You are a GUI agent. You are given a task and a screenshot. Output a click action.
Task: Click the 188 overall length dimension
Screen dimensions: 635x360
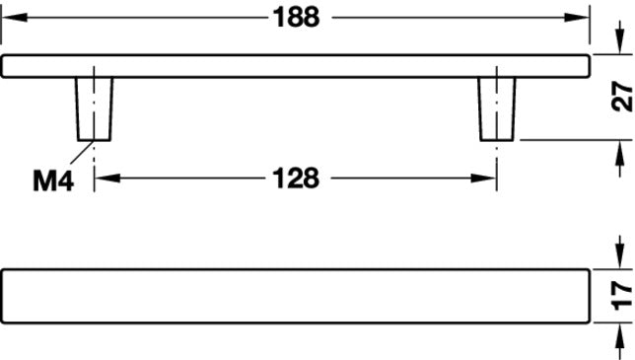click(x=297, y=18)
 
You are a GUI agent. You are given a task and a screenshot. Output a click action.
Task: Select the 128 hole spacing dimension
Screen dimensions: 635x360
click(x=296, y=179)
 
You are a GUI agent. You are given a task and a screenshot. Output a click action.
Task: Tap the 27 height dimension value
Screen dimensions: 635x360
click(x=621, y=96)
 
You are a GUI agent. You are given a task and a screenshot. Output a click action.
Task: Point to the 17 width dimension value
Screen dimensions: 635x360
click(x=621, y=296)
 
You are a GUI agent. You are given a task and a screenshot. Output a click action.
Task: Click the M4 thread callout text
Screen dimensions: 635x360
click(x=53, y=181)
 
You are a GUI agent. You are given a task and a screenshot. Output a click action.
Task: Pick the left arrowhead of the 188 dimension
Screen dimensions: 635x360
click(x=15, y=18)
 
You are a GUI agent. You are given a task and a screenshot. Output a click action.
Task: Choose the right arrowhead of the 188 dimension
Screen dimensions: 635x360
click(x=577, y=18)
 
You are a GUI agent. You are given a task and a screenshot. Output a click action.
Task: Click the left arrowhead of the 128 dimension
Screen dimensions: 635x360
click(x=107, y=179)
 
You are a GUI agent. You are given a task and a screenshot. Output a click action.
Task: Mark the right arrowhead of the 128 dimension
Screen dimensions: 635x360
click(x=483, y=179)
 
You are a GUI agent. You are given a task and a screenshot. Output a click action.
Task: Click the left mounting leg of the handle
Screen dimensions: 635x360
click(x=94, y=108)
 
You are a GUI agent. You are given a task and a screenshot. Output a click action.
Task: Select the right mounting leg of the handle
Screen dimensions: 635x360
click(x=497, y=108)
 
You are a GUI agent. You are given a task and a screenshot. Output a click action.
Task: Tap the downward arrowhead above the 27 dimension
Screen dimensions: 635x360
click(x=619, y=42)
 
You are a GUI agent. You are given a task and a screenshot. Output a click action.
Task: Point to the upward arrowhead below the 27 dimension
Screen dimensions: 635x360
click(x=619, y=153)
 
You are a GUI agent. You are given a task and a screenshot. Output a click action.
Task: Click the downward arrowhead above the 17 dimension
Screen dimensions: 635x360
click(x=619, y=256)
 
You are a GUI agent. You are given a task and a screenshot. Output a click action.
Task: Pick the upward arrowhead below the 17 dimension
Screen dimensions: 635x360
click(x=619, y=335)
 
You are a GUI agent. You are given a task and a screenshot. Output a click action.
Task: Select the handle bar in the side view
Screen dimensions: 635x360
click(x=295, y=66)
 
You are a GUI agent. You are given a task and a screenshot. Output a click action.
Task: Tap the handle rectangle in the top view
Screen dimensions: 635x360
click(x=295, y=296)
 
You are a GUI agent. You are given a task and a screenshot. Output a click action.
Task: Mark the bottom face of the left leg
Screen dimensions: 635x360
click(x=94, y=140)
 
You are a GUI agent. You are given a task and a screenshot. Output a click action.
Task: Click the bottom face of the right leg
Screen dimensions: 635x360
click(x=497, y=140)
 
